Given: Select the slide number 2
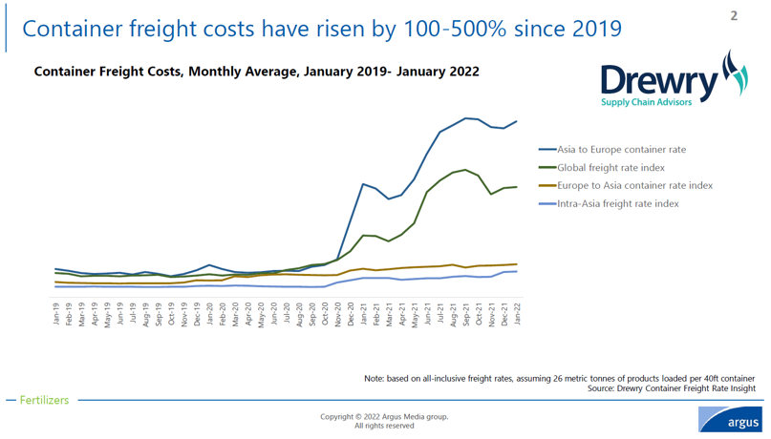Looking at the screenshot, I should (x=734, y=15).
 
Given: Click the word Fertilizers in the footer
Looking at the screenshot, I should (x=44, y=400).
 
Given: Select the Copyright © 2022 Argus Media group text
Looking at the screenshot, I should (x=384, y=417).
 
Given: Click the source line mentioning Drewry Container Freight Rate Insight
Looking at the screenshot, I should (x=671, y=388).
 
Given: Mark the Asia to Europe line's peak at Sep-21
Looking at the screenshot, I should (x=466, y=118).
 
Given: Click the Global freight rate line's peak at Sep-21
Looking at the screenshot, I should (x=466, y=170).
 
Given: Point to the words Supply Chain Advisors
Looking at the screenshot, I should (x=646, y=102).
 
